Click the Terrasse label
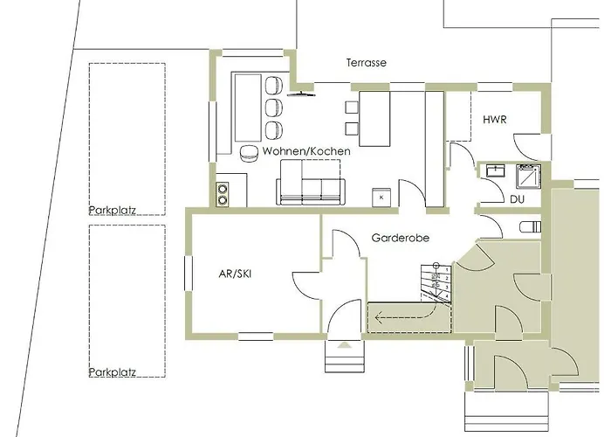[x=367, y=63]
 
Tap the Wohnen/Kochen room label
[x=306, y=151]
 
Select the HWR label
[x=495, y=120]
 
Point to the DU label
[x=517, y=199]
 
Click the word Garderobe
[x=400, y=238]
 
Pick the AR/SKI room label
[x=235, y=274]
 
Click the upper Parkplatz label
[x=113, y=211]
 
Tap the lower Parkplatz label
[x=113, y=371]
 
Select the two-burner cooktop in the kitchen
[x=223, y=194]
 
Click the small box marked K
[x=381, y=197]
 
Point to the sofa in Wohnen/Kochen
[x=311, y=182]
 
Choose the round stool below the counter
[x=249, y=153]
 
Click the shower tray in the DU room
[x=528, y=177]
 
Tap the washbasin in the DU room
[x=495, y=170]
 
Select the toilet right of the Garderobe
[x=531, y=226]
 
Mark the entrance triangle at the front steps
[x=344, y=345]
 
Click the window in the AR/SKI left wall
[x=189, y=273]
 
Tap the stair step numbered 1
[x=445, y=269]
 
